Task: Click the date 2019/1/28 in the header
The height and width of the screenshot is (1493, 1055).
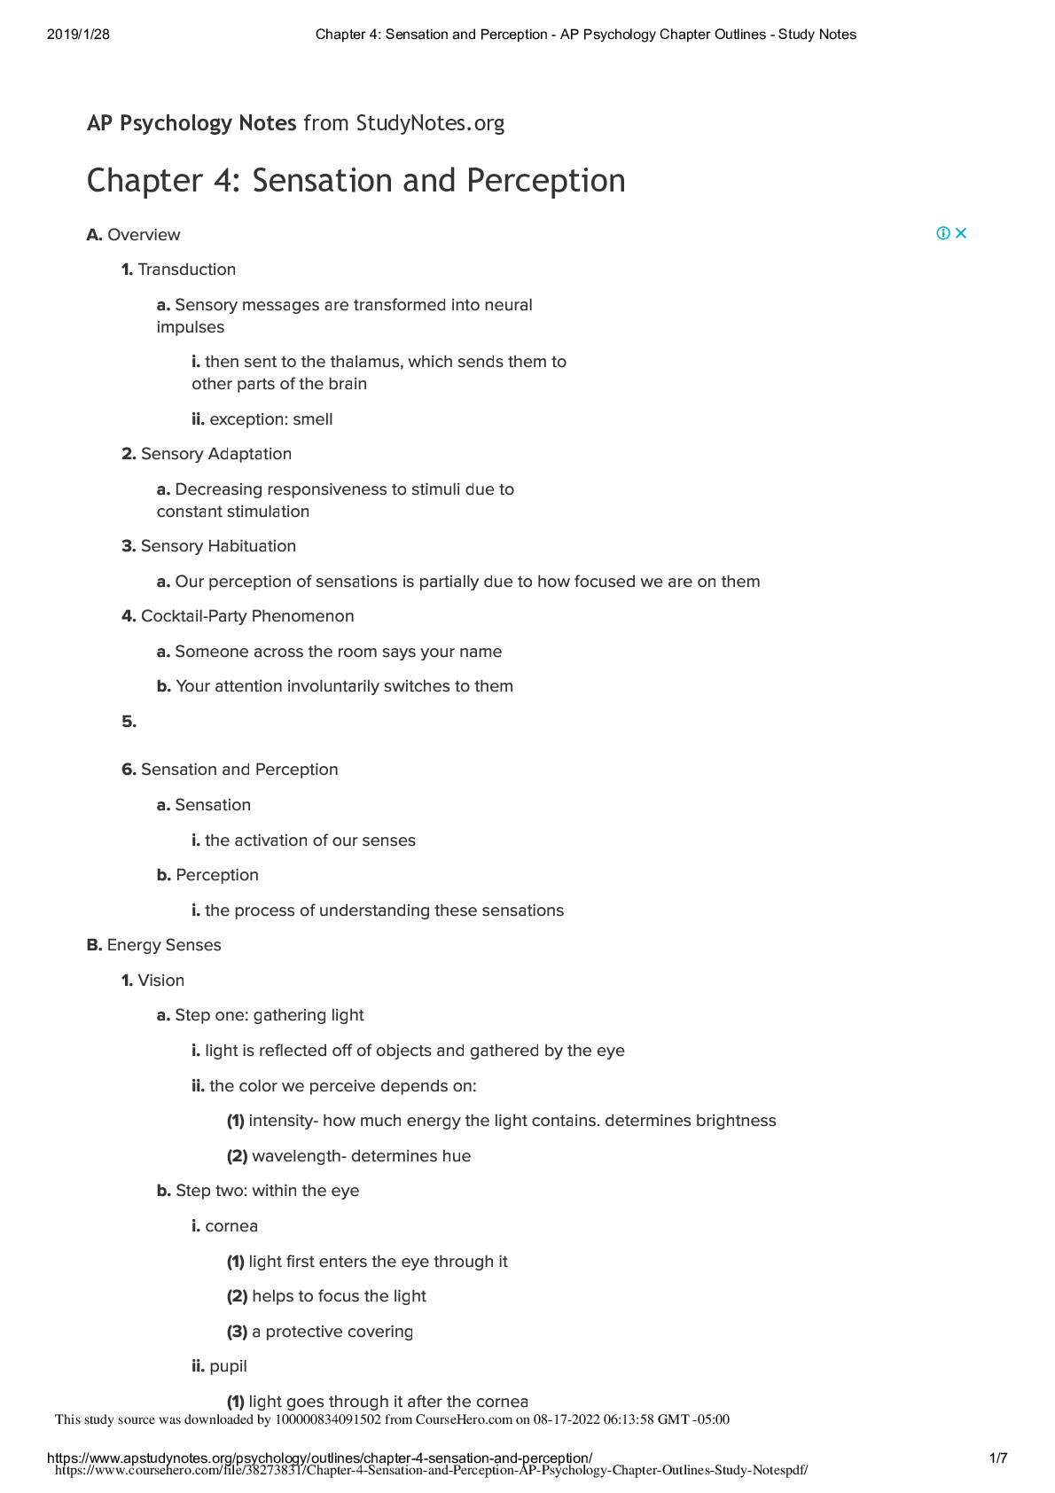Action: pos(78,35)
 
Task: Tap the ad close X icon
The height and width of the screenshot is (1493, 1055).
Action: pos(961,233)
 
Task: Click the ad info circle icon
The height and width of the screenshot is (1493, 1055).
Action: pos(943,233)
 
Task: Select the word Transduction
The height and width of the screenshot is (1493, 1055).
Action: pos(187,270)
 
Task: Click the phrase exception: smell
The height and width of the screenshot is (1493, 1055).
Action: pos(270,419)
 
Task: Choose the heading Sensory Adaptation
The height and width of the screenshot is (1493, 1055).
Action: pos(216,454)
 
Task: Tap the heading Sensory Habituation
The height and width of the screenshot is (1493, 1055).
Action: pos(218,546)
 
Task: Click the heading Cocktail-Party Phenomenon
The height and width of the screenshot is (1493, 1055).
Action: pos(247,616)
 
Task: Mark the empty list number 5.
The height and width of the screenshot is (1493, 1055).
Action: pos(129,722)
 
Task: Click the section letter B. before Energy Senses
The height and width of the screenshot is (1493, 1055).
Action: pos(94,945)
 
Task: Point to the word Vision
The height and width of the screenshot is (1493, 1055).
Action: pos(161,981)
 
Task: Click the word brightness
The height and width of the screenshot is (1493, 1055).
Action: pos(736,1121)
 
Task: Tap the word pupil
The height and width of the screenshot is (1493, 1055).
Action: pos(229,1366)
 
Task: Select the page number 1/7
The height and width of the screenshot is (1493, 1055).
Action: pos(998,1458)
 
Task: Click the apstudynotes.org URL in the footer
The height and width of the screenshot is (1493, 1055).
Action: pos(319,1458)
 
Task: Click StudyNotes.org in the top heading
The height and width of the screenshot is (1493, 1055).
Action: pos(430,123)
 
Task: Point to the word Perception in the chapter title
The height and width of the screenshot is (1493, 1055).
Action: pos(546,181)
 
